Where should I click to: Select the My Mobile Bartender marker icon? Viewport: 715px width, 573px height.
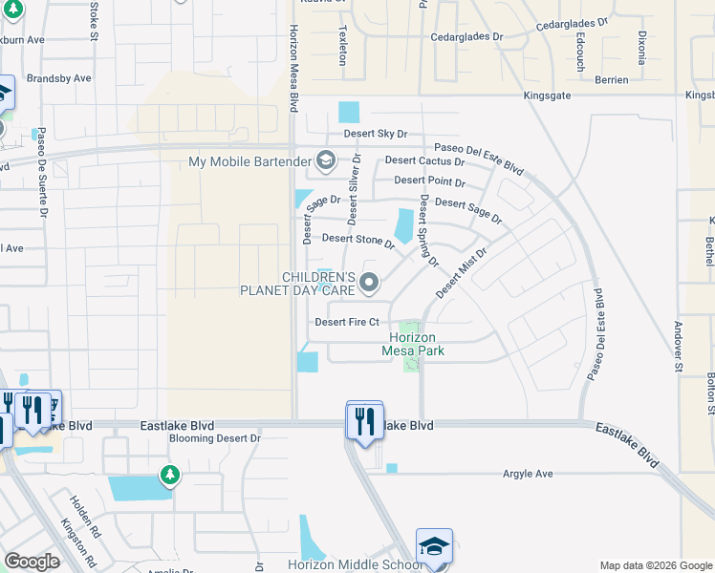coord(326,160)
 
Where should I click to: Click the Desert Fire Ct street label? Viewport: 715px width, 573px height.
coord(347,322)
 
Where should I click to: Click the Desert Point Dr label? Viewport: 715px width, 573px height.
coord(429,180)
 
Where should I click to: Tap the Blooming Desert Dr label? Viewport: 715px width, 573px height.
coord(215,438)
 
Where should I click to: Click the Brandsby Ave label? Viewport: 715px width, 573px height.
coord(58,78)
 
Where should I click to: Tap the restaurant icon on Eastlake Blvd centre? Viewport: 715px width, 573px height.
coord(364,420)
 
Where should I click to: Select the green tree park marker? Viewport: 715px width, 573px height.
coord(169,475)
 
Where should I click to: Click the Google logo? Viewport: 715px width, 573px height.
coord(32,562)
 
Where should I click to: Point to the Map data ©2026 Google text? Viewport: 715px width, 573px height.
coord(655,565)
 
